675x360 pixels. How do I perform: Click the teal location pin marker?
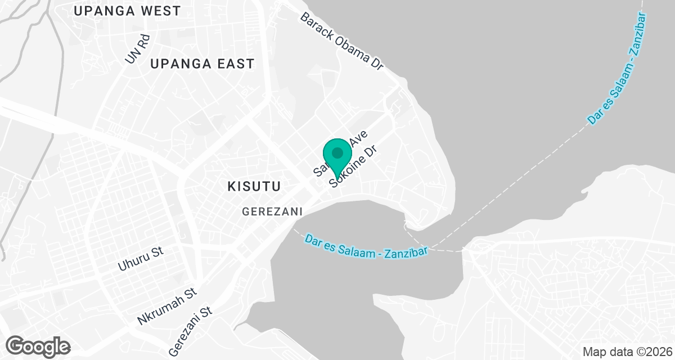pos(337,157)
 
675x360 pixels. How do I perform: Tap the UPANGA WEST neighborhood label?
pos(127,11)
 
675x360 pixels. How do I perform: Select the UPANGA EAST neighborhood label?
pos(202,64)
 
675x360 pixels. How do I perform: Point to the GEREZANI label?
pos(273,211)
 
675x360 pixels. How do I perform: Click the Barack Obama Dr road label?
pos(341,41)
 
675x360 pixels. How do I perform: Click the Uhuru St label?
pos(141,258)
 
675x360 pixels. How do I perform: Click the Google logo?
pos(38,345)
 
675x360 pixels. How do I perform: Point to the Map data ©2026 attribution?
pos(626,352)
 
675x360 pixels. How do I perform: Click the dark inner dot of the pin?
pos(337,152)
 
